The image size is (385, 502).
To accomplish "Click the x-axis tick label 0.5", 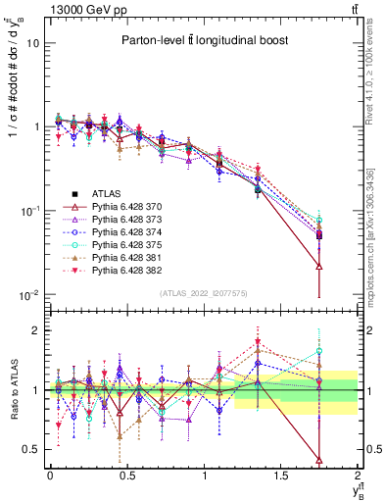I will click(x=126, y=476).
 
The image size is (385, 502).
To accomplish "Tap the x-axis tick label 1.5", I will click(x=281, y=476).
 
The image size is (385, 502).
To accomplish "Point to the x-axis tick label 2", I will click(x=359, y=476).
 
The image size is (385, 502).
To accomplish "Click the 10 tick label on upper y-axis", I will click(x=32, y=43).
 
